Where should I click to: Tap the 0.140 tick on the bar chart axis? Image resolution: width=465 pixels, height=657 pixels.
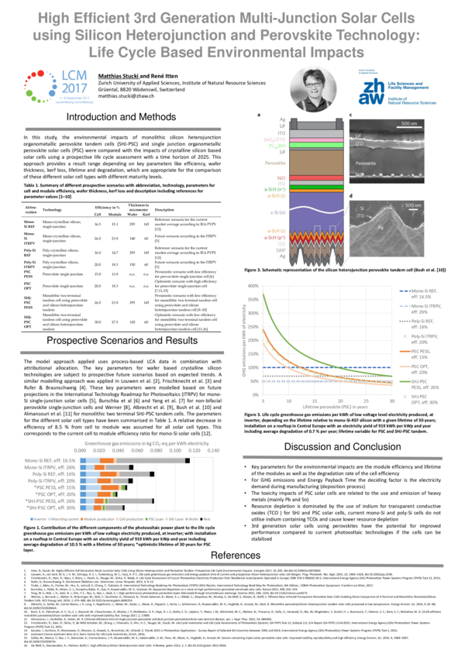pos(192,428)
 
